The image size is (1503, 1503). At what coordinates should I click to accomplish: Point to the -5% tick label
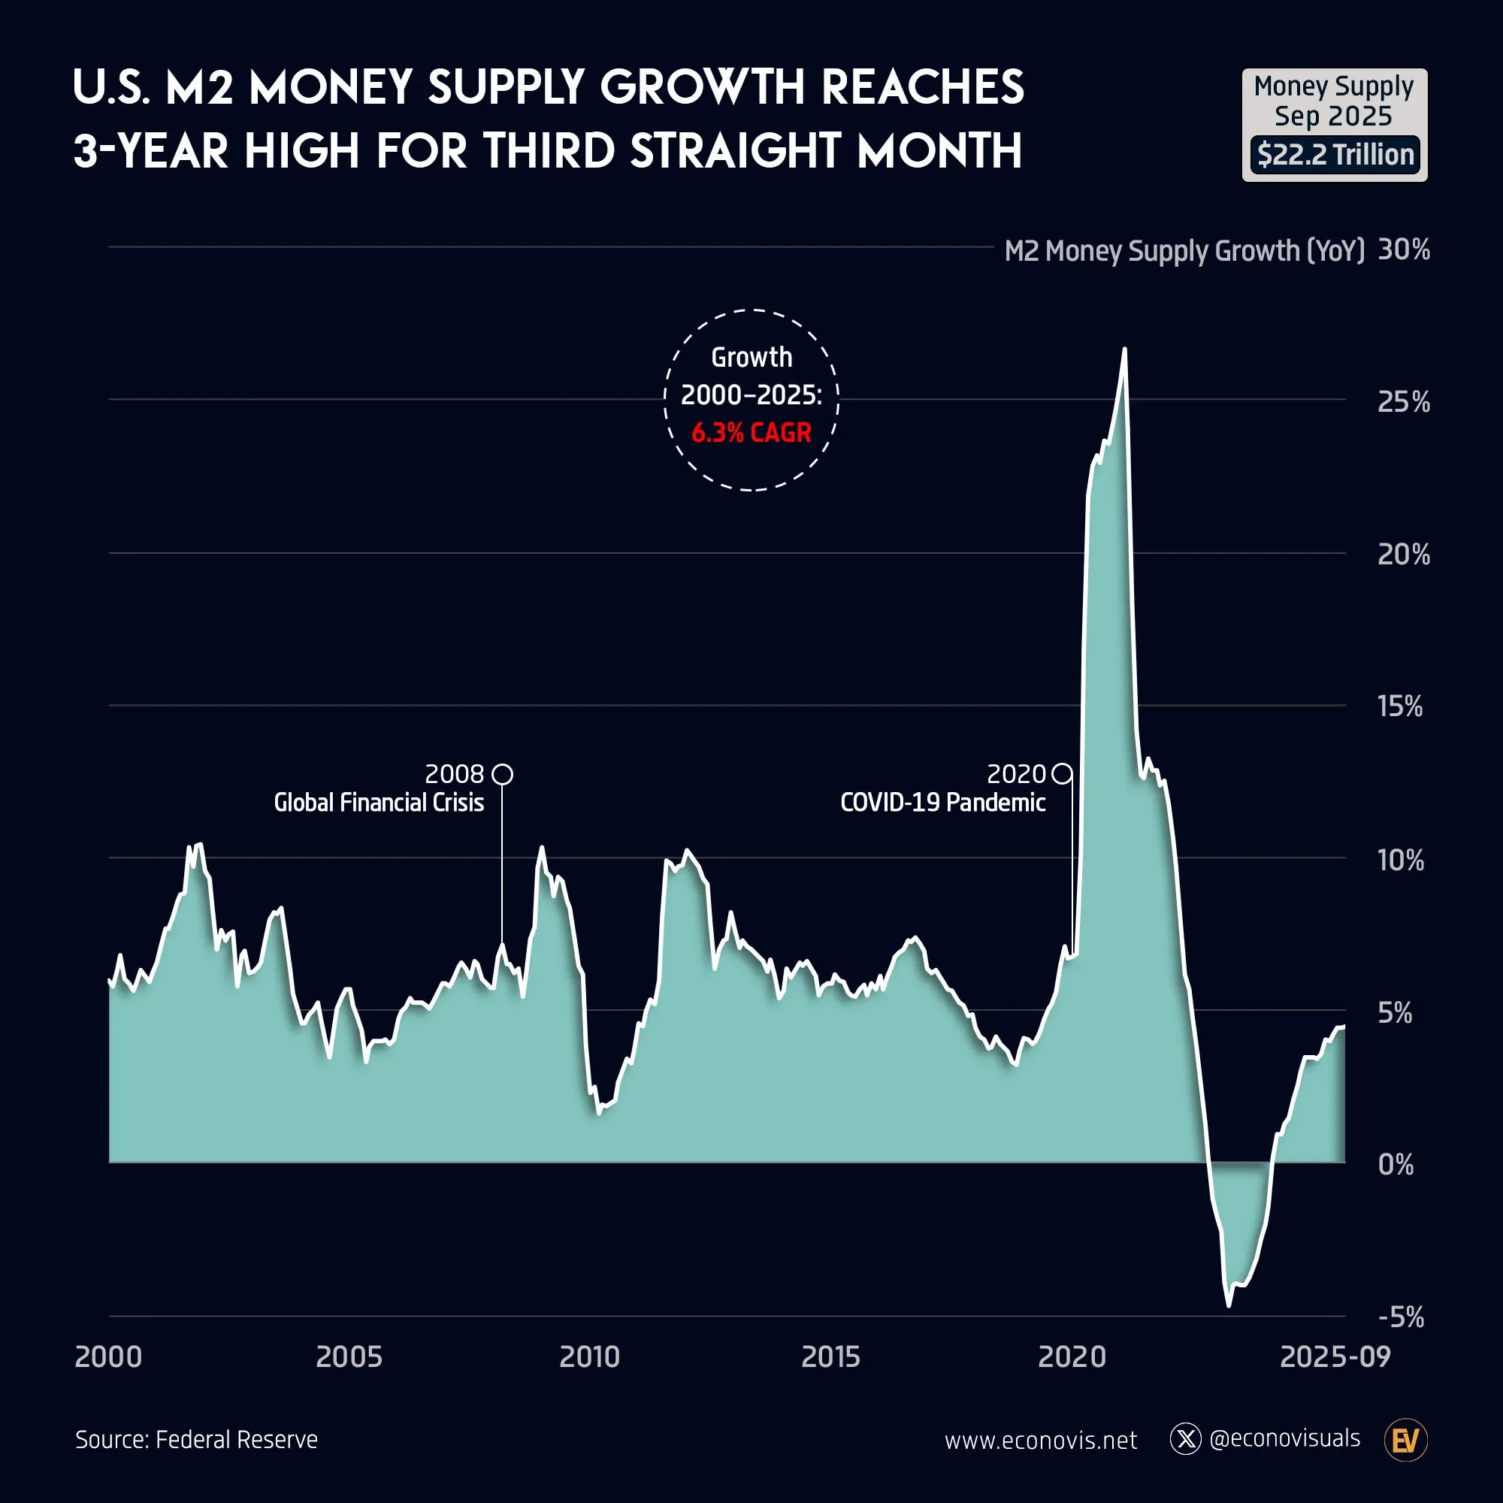[1401, 1318]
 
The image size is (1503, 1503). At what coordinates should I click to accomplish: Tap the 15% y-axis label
[1399, 706]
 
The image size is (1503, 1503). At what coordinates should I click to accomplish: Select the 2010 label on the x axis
[590, 1356]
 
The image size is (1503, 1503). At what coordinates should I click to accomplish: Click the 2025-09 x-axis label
[1335, 1356]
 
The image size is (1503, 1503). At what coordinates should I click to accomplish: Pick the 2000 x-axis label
[108, 1356]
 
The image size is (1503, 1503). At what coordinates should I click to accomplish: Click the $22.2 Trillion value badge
[1335, 155]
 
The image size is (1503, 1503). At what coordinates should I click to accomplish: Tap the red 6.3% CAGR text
[751, 433]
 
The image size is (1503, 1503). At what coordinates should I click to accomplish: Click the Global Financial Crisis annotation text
[379, 802]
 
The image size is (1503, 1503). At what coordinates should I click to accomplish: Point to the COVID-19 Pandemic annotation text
[943, 802]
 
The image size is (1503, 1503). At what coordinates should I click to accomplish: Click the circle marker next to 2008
[503, 774]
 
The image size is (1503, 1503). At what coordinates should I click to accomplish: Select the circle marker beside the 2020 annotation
[1061, 774]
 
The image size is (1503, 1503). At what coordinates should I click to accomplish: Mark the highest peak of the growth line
[1124, 349]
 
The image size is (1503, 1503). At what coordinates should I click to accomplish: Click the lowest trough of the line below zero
[1229, 1305]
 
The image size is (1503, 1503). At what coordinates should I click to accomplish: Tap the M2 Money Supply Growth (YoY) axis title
[1184, 250]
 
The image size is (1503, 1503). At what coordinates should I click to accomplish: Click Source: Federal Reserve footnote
[197, 1440]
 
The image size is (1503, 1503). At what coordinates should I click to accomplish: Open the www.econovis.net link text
[1040, 1441]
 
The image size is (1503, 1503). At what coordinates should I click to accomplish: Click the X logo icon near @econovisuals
[1186, 1439]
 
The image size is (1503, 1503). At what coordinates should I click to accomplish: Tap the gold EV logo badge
[1406, 1441]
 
